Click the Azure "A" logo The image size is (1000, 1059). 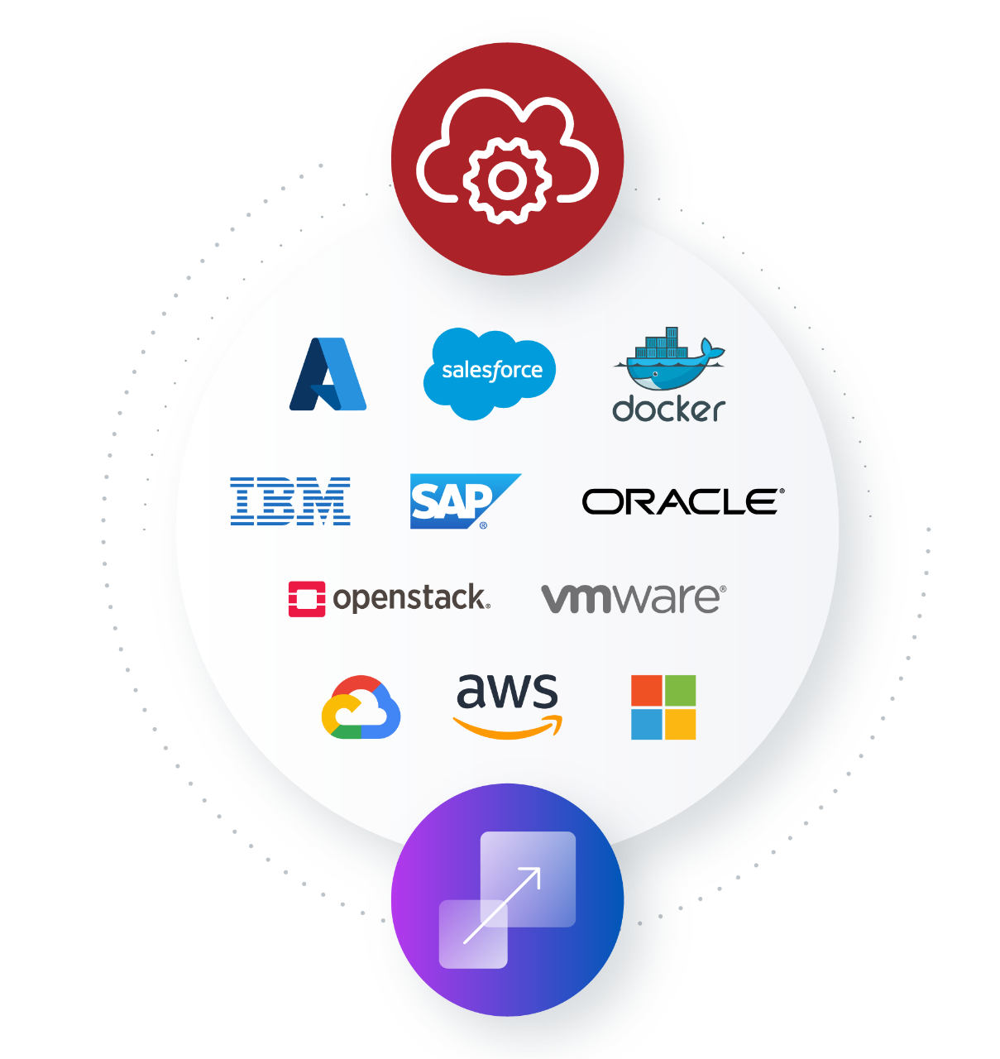(x=328, y=374)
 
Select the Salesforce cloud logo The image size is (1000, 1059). (x=490, y=371)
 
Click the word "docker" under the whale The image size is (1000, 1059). (x=668, y=409)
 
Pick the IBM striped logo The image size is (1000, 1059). (x=290, y=501)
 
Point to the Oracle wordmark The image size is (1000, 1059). (x=682, y=501)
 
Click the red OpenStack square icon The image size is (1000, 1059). (x=307, y=599)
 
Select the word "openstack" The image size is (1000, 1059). (x=411, y=598)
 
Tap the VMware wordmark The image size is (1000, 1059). (x=633, y=598)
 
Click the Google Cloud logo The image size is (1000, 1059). (x=361, y=708)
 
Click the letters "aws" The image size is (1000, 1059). (x=507, y=691)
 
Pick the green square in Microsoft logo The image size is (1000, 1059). (x=681, y=691)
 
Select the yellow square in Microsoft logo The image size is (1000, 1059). (x=681, y=724)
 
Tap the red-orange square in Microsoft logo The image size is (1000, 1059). (x=647, y=691)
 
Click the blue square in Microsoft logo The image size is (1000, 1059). (x=647, y=724)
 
